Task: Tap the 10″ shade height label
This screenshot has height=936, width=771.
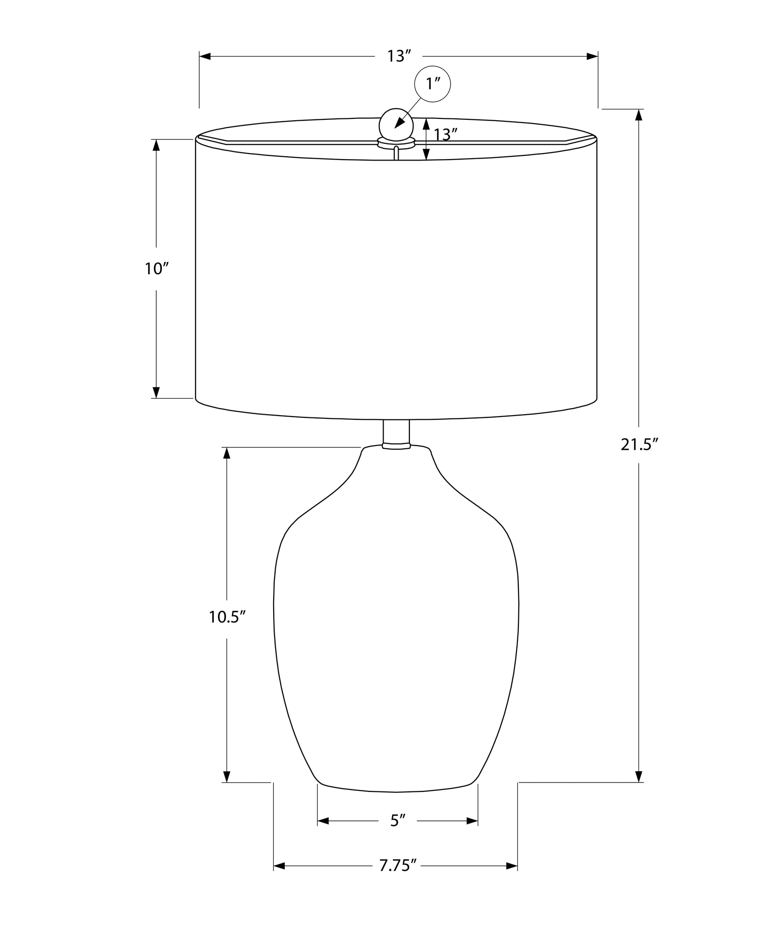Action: tap(156, 269)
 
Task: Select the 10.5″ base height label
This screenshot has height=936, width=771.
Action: tap(227, 617)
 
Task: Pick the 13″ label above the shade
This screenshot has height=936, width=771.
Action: tap(398, 56)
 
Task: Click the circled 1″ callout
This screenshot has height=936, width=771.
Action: tap(432, 84)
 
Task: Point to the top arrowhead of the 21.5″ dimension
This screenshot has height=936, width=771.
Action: tap(639, 115)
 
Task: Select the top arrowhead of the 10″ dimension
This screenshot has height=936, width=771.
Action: tap(156, 145)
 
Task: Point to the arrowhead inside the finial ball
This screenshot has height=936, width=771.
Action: tap(399, 124)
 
